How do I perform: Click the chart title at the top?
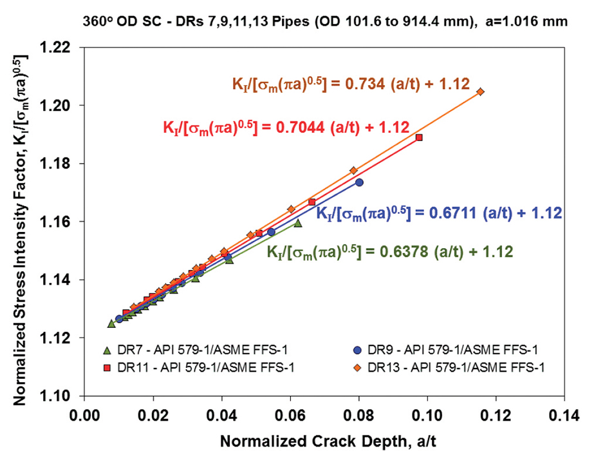pyautogui.click(x=325, y=21)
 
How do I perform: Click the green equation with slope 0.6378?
pyautogui.click(x=390, y=251)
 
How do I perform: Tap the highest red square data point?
pyautogui.click(x=419, y=137)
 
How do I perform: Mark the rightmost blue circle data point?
pyautogui.click(x=359, y=182)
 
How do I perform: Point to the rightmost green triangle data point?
pyautogui.click(x=297, y=223)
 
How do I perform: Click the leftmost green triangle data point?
pyautogui.click(x=111, y=323)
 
